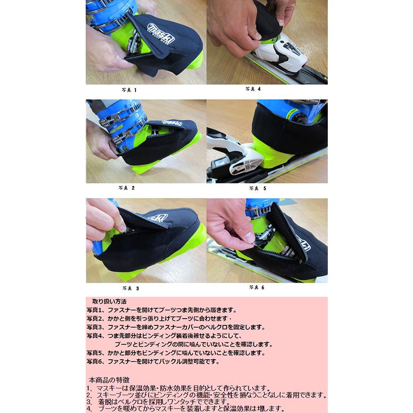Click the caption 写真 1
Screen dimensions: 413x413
coord(129,90)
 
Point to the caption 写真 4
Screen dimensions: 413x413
coord(253,89)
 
